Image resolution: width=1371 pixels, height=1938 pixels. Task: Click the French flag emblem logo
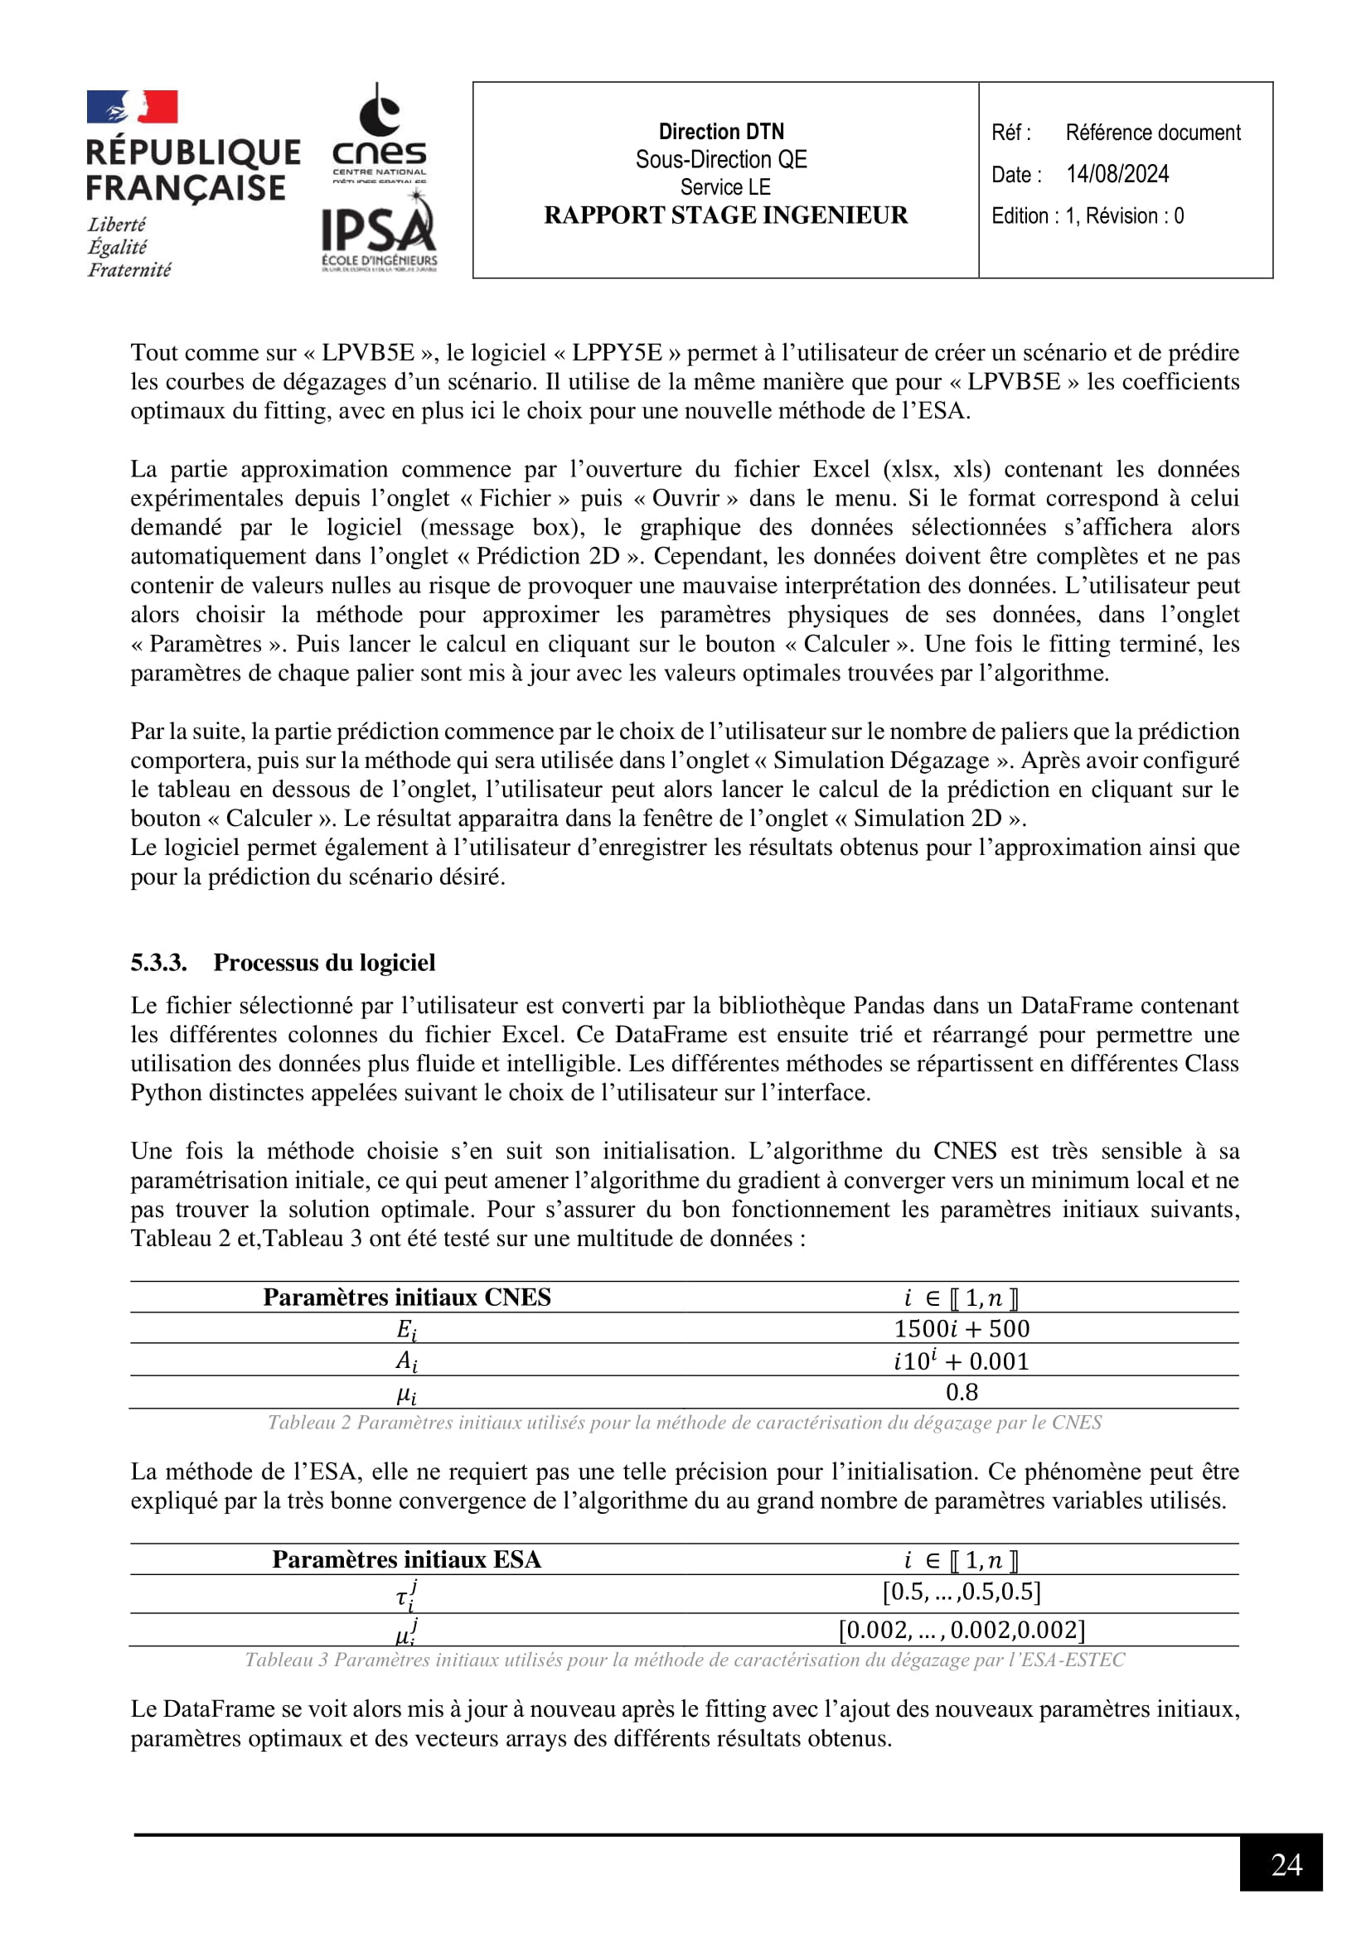[133, 108]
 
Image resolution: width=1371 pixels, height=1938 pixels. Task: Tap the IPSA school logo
[379, 231]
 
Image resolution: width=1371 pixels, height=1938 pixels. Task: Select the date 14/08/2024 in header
[1117, 174]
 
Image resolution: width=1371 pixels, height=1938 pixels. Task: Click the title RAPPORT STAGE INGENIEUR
[725, 215]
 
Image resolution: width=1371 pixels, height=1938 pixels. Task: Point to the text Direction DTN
[721, 132]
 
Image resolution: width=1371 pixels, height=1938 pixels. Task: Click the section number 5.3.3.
[158, 962]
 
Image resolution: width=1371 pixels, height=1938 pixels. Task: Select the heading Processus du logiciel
[324, 962]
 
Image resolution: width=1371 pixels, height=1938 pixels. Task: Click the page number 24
[1286, 1863]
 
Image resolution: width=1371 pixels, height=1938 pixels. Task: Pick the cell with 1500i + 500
[962, 1328]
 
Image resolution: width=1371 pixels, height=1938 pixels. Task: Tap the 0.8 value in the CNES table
[962, 1392]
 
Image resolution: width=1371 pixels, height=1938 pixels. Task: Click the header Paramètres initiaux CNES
[407, 1298]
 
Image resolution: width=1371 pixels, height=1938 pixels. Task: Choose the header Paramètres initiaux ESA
[407, 1559]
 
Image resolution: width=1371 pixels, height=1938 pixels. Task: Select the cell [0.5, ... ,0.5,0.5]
[962, 1592]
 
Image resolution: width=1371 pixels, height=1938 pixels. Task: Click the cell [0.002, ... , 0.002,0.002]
[962, 1630]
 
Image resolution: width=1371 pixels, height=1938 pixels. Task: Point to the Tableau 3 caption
[685, 1660]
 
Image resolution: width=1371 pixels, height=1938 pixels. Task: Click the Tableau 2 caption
[685, 1423]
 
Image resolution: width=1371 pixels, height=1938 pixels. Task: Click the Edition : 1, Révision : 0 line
[1088, 216]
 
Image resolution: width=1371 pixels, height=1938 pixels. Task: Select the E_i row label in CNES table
[407, 1329]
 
